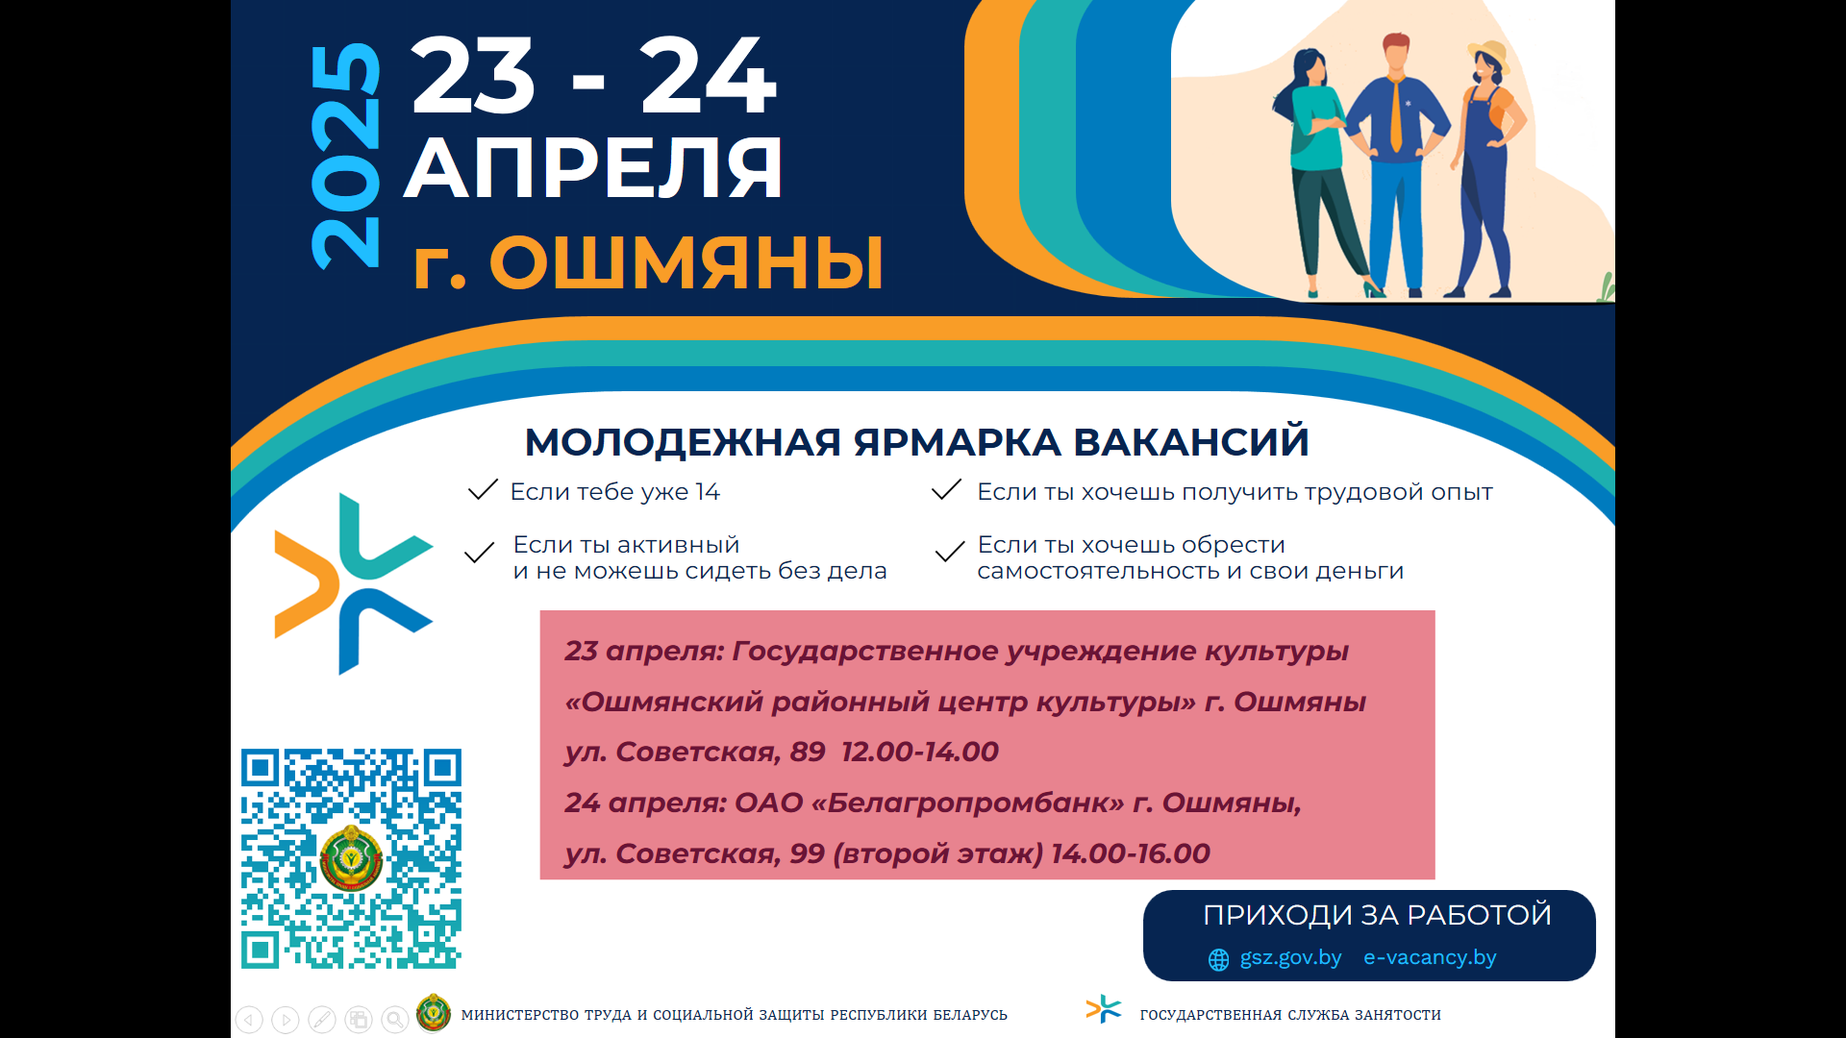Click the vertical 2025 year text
[346, 156]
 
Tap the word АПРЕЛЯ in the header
[593, 168]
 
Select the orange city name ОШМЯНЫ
[686, 262]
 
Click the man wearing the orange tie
[1396, 163]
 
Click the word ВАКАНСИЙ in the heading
[1191, 442]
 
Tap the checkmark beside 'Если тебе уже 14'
[483, 490]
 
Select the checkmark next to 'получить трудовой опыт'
[947, 490]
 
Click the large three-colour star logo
[352, 583]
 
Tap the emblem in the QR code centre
[351, 858]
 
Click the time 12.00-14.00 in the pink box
[920, 752]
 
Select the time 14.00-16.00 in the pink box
[1131, 853]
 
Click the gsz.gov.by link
[1290, 958]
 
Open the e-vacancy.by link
[1430, 958]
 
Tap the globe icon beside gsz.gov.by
[1218, 959]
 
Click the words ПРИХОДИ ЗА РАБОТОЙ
[1377, 915]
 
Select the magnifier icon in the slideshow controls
[394, 1020]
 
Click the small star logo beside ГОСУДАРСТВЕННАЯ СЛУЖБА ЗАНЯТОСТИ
[1104, 1009]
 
